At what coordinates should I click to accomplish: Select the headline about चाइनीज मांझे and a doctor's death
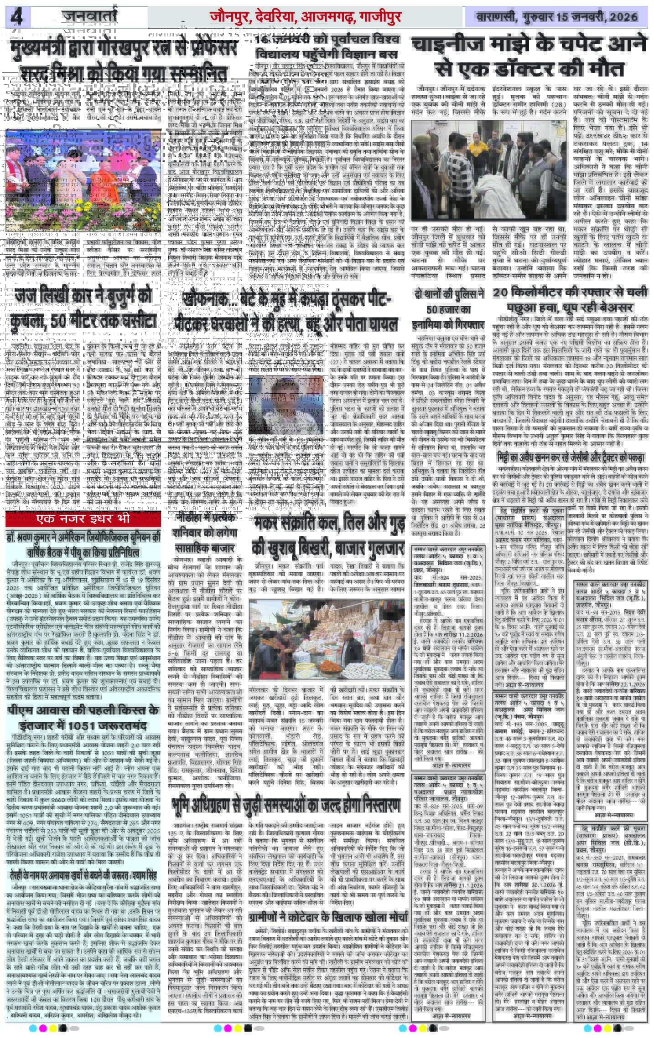tap(529, 57)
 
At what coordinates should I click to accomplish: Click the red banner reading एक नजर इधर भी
tap(83, 519)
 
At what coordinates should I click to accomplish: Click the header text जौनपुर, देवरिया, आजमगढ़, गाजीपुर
tap(305, 17)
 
